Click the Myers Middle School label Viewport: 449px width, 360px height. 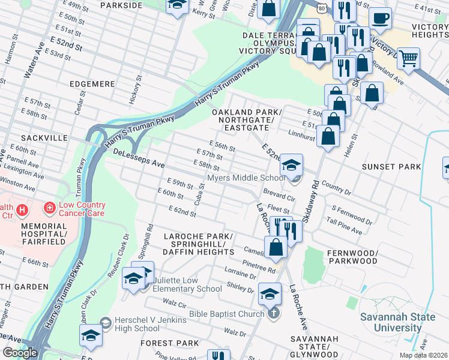point(246,178)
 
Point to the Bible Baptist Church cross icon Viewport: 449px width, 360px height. point(273,313)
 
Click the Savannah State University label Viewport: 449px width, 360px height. point(390,322)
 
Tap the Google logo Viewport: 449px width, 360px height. point(19,353)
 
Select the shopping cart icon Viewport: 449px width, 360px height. point(408,58)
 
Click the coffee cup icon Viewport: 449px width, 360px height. point(379,19)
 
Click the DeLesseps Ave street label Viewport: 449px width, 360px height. point(139,159)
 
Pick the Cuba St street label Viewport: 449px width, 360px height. point(200,194)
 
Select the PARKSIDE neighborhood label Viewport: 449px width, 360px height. point(121,5)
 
